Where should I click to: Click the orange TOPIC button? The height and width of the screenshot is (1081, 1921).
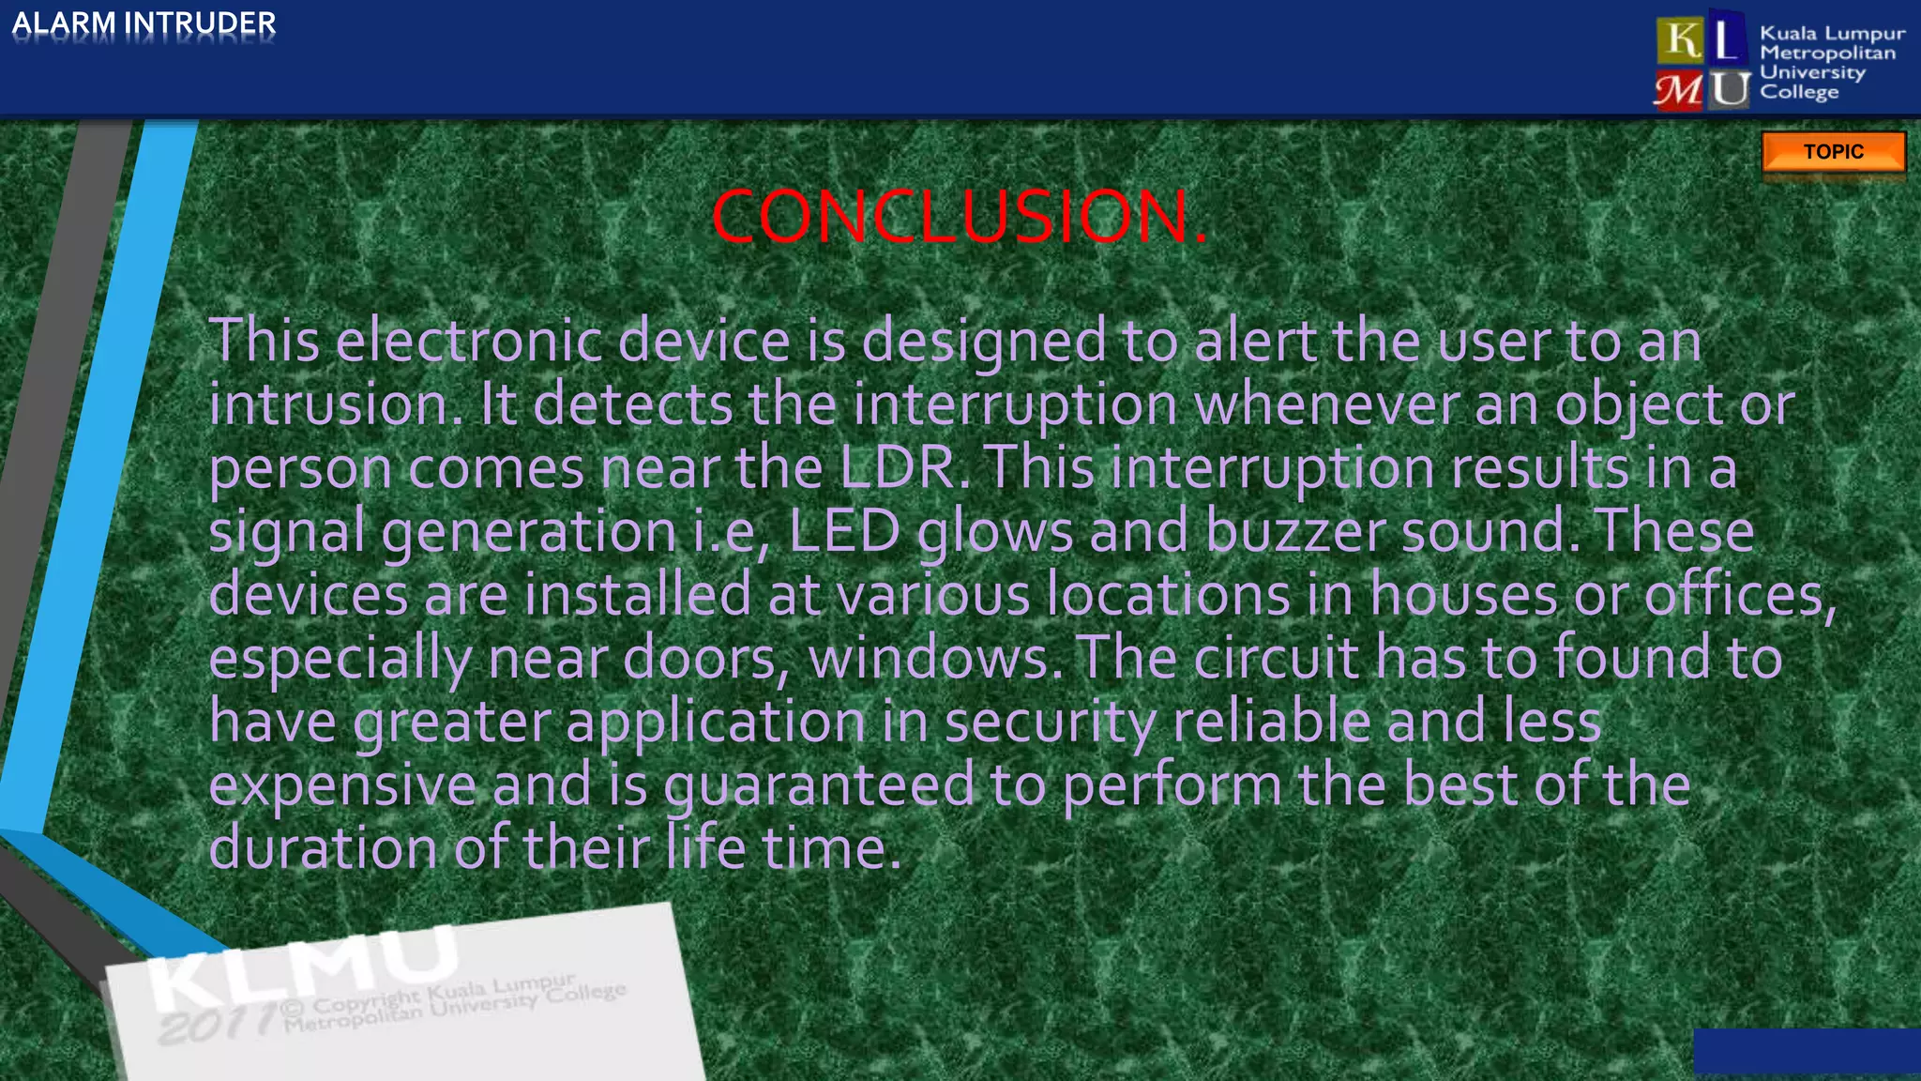click(1833, 152)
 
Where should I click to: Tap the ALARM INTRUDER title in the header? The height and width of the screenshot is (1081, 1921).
click(144, 23)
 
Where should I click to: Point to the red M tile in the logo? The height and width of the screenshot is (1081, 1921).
click(1679, 91)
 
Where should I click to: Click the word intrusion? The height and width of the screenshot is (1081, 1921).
click(335, 405)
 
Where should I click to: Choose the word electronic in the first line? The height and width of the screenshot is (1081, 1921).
click(469, 341)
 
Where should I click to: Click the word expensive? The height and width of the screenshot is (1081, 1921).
click(342, 785)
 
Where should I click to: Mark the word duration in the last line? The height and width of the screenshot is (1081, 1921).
click(323, 848)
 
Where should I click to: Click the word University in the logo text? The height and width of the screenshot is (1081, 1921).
click(1812, 72)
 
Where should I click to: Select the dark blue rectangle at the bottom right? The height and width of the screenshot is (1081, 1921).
click(1807, 1050)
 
